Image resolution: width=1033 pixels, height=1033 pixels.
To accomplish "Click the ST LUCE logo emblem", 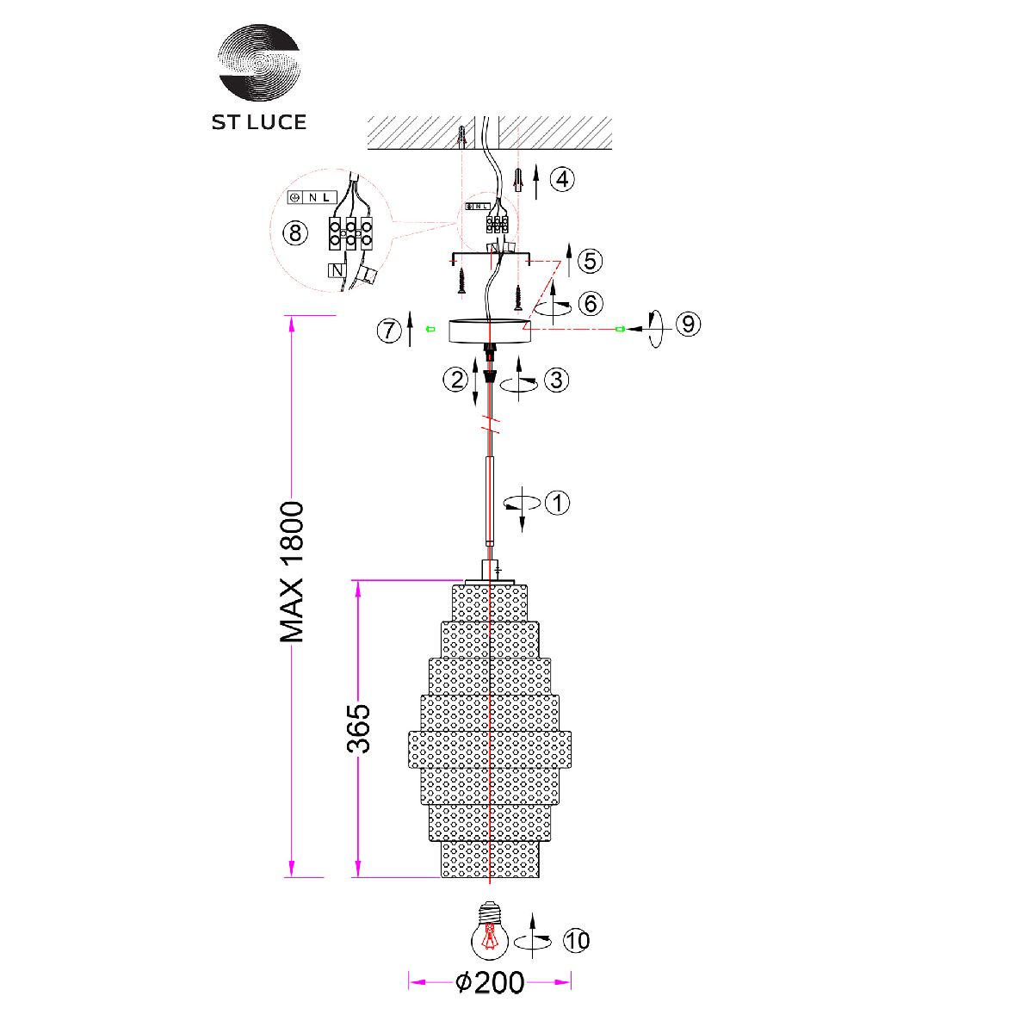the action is coord(259,62).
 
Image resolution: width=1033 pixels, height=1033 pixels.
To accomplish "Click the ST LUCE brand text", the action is coord(259,122).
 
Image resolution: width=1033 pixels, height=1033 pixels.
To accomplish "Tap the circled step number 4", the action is coord(562,179).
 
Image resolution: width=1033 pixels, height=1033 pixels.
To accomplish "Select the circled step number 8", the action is coord(295,233).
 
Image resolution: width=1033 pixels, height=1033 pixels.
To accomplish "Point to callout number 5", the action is coord(590,261).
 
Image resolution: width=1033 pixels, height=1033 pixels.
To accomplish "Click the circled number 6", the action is coord(591,304).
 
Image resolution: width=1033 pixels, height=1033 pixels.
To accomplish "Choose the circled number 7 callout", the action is coord(389,331).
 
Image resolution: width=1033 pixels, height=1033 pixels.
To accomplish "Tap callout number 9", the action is coord(689,325).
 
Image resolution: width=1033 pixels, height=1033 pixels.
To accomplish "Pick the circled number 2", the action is coord(455,380).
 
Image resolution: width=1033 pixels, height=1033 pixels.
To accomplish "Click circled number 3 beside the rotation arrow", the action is coord(556,380).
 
